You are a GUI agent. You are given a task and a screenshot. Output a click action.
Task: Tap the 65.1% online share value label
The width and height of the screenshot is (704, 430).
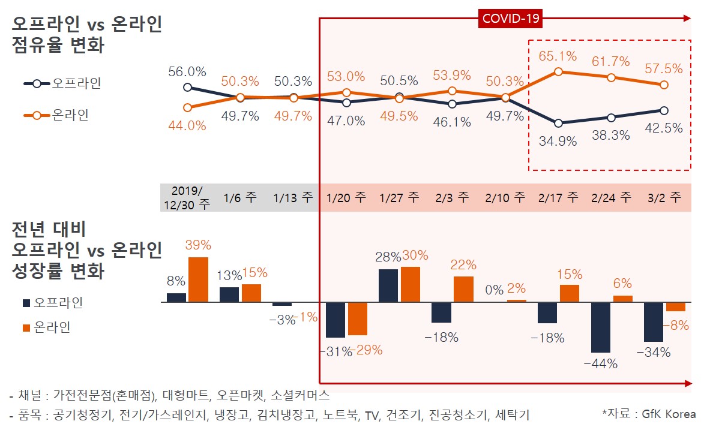click(558, 56)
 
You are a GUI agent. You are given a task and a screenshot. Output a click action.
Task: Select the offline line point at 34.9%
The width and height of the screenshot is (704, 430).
click(558, 124)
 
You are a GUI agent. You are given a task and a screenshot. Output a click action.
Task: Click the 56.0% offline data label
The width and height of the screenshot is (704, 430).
click(187, 71)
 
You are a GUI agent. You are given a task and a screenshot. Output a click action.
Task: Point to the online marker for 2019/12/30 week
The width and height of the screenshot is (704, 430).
click(187, 108)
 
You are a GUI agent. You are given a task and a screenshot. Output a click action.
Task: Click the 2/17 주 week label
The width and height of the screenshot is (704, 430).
click(558, 197)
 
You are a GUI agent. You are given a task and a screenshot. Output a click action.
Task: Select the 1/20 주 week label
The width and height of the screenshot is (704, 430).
click(346, 197)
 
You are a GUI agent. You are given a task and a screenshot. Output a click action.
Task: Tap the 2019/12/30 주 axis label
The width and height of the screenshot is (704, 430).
click(187, 197)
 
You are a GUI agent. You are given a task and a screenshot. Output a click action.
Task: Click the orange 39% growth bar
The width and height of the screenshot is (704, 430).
click(199, 279)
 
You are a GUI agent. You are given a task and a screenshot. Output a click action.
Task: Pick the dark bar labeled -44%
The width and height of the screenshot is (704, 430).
click(601, 327)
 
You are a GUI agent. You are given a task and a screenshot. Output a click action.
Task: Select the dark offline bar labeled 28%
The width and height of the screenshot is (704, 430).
click(388, 285)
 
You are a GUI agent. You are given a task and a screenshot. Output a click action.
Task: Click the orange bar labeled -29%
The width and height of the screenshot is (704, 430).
click(358, 318)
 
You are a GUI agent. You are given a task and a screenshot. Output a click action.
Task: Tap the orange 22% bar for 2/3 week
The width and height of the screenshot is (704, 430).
click(463, 289)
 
